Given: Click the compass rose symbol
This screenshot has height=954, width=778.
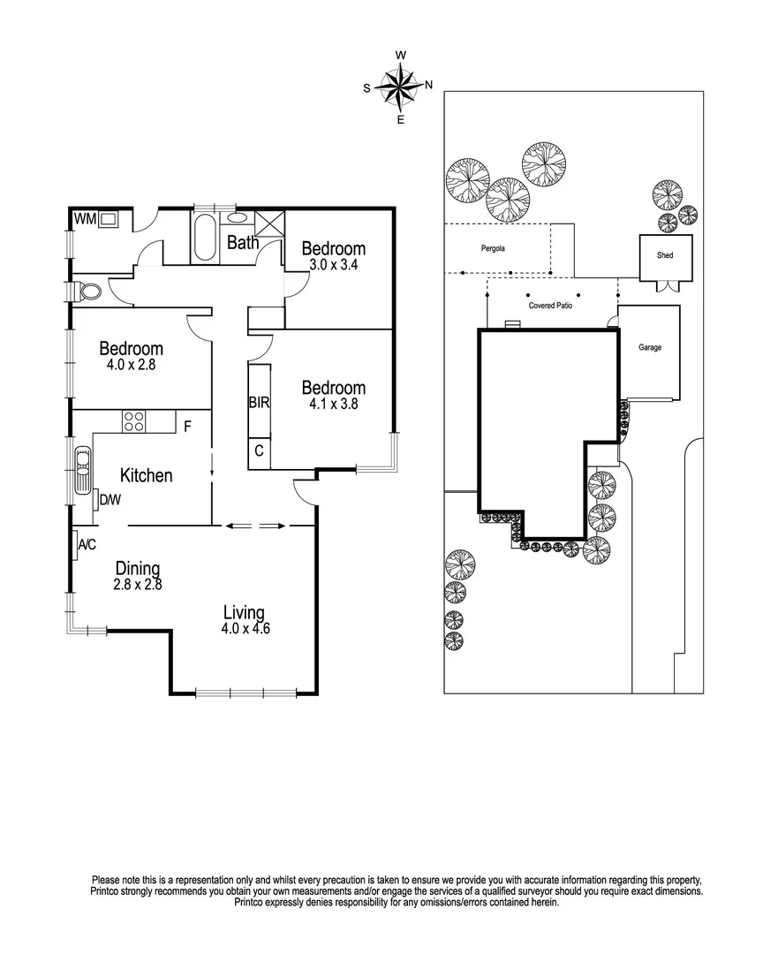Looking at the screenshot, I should pyautogui.click(x=400, y=87).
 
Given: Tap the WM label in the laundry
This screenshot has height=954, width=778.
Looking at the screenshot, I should pyautogui.click(x=84, y=218).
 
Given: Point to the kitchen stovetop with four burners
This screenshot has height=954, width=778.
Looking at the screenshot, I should pyautogui.click(x=133, y=421).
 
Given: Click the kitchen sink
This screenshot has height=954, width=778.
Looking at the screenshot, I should pyautogui.click(x=81, y=472).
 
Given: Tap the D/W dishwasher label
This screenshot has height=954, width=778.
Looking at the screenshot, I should pyautogui.click(x=110, y=500).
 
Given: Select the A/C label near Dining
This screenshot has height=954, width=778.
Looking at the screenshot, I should pyautogui.click(x=87, y=545).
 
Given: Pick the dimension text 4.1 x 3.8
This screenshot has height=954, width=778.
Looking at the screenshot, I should pyautogui.click(x=333, y=405).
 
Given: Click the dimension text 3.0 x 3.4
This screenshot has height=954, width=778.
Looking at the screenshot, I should pyautogui.click(x=333, y=264).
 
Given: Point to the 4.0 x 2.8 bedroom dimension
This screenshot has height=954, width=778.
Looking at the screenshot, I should pyautogui.click(x=131, y=364).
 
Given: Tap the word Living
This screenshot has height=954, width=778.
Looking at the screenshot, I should pyautogui.click(x=244, y=612).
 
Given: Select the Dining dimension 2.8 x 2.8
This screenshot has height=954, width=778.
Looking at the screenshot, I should pyautogui.click(x=137, y=583).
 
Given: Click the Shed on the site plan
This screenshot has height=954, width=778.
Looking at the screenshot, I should pyautogui.click(x=665, y=256).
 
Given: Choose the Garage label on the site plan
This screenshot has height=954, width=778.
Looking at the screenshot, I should pyautogui.click(x=650, y=348).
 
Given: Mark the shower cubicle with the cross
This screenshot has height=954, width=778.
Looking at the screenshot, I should pyautogui.click(x=267, y=223).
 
